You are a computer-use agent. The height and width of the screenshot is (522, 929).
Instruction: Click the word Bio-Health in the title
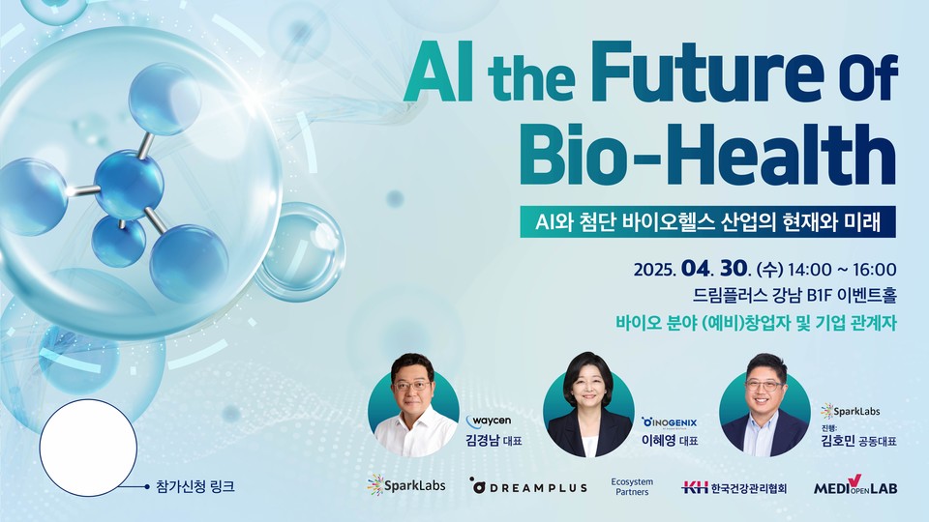707,154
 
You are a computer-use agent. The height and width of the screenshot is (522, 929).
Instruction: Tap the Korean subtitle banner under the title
707,222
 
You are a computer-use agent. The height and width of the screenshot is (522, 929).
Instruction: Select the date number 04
695,269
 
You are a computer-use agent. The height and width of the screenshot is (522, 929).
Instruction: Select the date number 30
733,269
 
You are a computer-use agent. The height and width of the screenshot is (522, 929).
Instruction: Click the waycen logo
489,421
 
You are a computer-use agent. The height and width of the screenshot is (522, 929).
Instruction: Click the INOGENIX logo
670,422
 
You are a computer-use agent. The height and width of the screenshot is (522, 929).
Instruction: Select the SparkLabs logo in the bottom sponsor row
405,485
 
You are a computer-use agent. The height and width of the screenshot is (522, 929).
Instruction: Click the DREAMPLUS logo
528,486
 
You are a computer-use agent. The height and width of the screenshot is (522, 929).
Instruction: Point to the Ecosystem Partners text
632,486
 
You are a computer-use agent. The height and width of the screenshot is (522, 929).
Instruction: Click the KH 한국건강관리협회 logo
734,487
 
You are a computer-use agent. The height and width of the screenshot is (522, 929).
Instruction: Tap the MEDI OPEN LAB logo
854,485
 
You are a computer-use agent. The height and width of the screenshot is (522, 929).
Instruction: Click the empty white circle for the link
88,448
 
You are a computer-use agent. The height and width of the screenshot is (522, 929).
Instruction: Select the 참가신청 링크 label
195,486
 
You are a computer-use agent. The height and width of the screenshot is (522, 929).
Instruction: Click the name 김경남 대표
494,441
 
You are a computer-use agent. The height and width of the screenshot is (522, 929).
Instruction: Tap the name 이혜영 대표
670,441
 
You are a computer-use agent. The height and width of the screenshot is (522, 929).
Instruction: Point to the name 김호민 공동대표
858,441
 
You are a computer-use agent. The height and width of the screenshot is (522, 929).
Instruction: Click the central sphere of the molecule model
129,184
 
